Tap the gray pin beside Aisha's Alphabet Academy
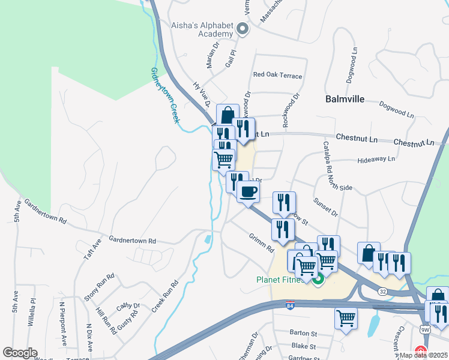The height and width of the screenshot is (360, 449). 243,28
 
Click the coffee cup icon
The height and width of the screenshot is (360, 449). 247,192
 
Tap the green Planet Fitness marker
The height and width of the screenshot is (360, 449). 319,279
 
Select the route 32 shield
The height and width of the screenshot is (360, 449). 382,290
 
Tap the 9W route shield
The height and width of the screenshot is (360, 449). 425,329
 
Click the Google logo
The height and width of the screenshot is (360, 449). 20,353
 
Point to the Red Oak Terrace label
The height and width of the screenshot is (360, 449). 277,76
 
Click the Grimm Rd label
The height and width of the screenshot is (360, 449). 262,242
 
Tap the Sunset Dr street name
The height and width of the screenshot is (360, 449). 327,208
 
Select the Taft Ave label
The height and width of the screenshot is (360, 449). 93,248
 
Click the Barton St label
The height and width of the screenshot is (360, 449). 303,333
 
